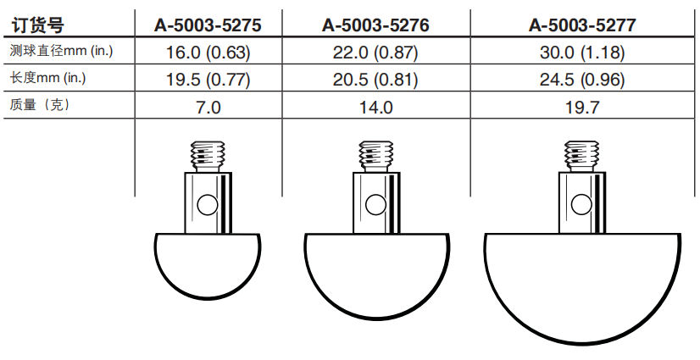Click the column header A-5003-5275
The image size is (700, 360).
point(208,25)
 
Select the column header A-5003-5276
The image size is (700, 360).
point(375,25)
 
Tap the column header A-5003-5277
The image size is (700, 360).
point(582,25)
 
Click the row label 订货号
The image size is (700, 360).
point(38,25)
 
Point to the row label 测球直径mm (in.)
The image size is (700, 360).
point(62,51)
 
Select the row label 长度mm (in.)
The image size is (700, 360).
point(47,78)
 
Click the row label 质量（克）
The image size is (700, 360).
point(40,105)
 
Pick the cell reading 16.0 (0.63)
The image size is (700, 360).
point(208,53)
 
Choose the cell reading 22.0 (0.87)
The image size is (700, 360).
point(375,53)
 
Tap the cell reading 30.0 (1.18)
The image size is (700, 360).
point(582,53)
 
